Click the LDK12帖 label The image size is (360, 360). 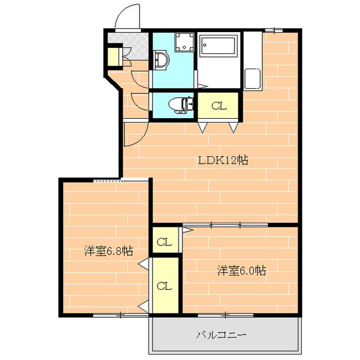tap(223, 160)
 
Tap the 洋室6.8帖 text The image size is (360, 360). tap(109, 251)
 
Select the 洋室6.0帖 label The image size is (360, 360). tap(242, 271)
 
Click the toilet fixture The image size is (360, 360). tap(181, 105)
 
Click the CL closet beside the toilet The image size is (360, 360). tap(219, 105)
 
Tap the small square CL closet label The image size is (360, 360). tap(164, 242)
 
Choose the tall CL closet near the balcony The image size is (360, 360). tap(164, 286)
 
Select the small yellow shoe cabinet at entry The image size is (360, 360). tap(114, 57)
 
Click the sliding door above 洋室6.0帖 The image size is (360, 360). tap(225, 225)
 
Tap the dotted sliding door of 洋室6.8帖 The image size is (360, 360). tap(107, 179)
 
